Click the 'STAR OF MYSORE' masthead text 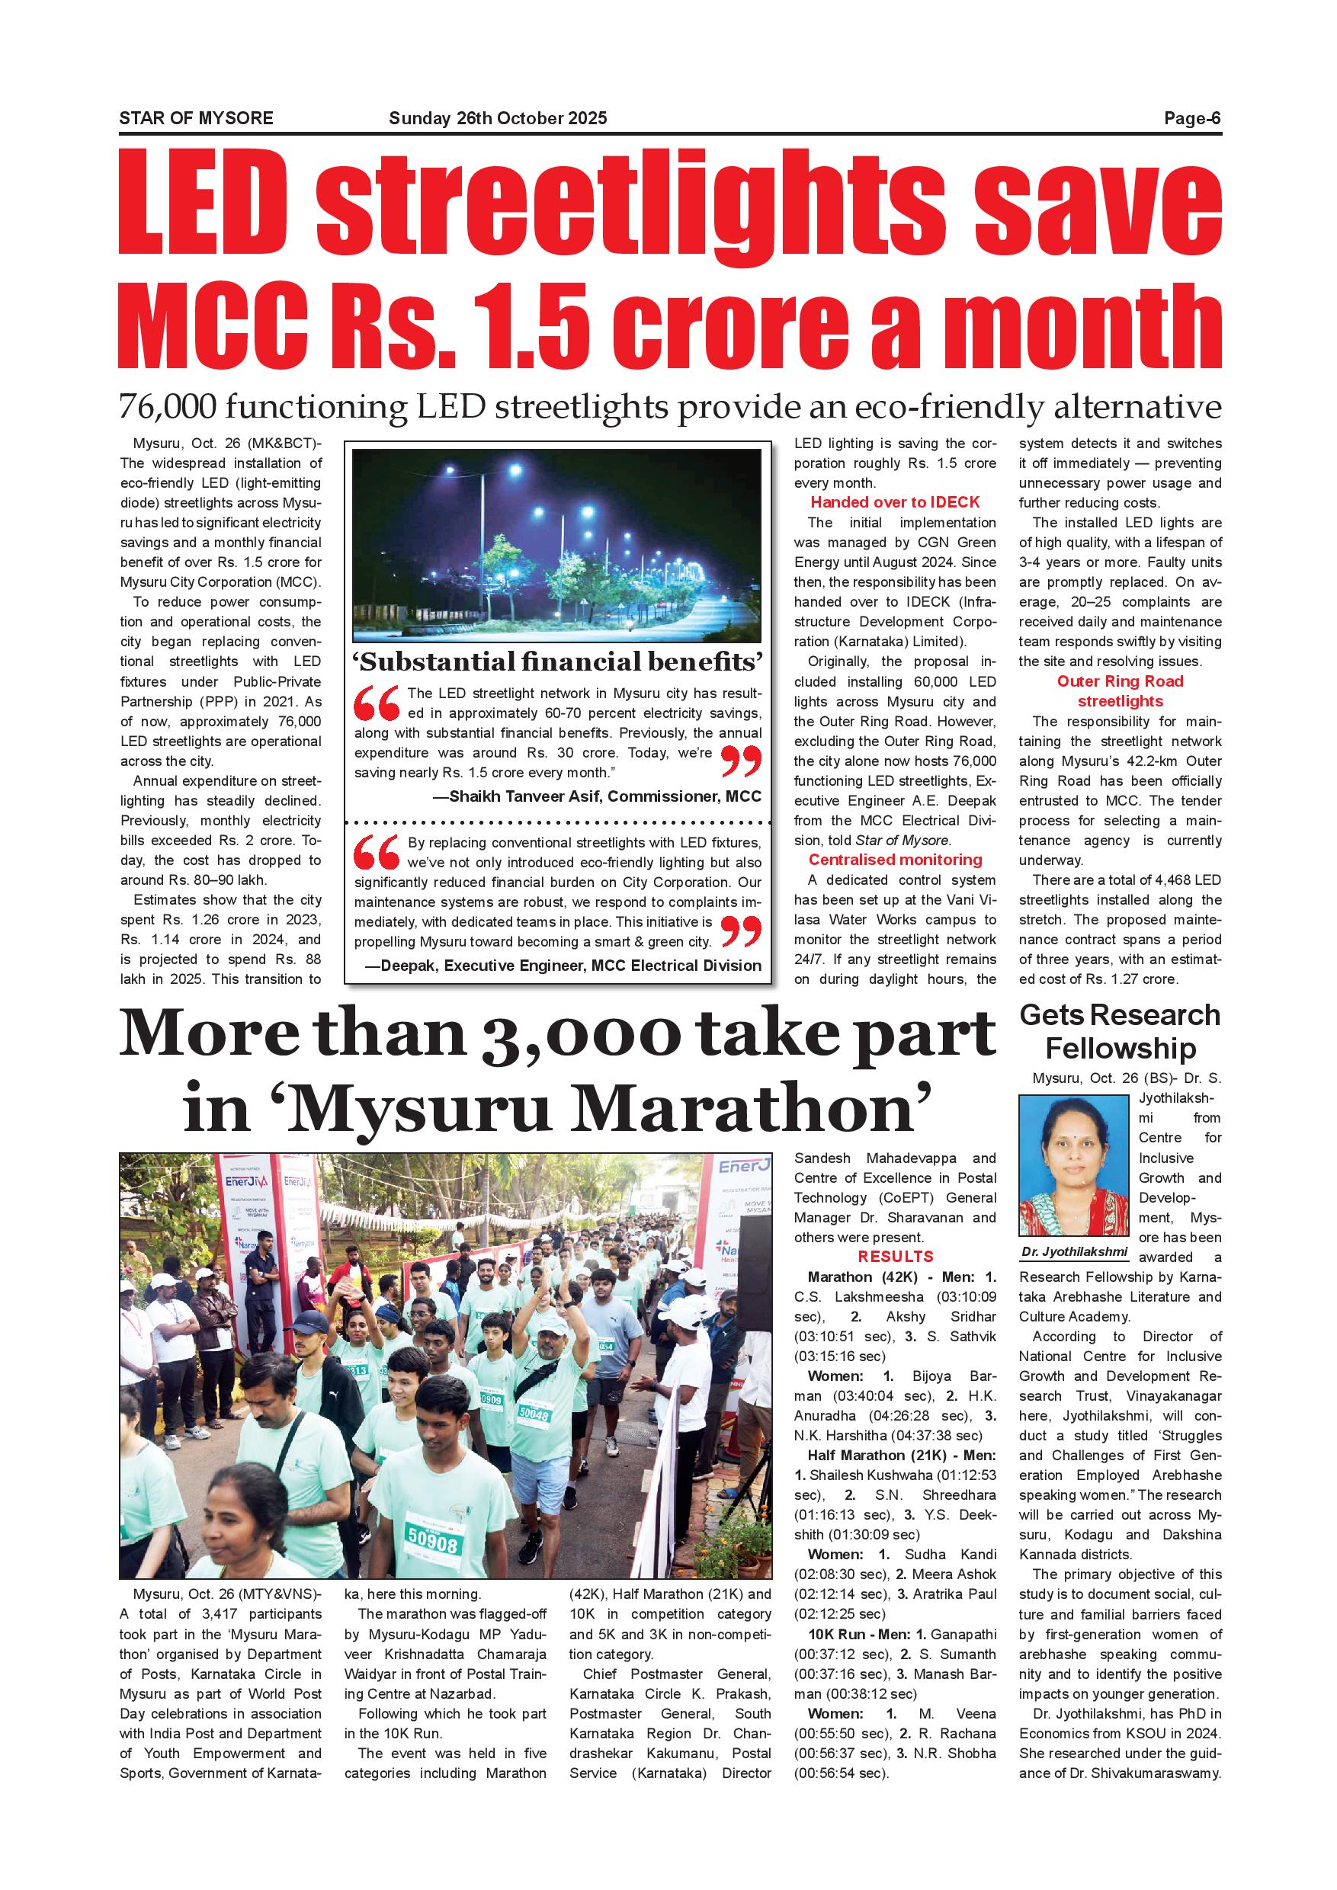pos(196,117)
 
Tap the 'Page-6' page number pos(1191,117)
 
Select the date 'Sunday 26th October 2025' pos(497,117)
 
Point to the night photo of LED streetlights pos(556,545)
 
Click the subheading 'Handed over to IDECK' pos(895,502)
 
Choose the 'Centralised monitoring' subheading pos(895,860)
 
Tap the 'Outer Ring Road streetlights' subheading pos(1120,690)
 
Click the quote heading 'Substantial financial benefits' pos(558,661)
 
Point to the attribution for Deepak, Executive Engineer pos(569,965)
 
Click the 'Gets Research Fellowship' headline pos(1120,1031)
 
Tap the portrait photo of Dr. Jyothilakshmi pos(1072,1165)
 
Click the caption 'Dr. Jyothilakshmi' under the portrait pos(1073,1252)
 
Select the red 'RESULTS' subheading pos(895,1257)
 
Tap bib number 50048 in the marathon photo pos(534,1414)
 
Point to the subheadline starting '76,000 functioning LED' pos(669,407)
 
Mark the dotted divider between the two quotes pos(558,822)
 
